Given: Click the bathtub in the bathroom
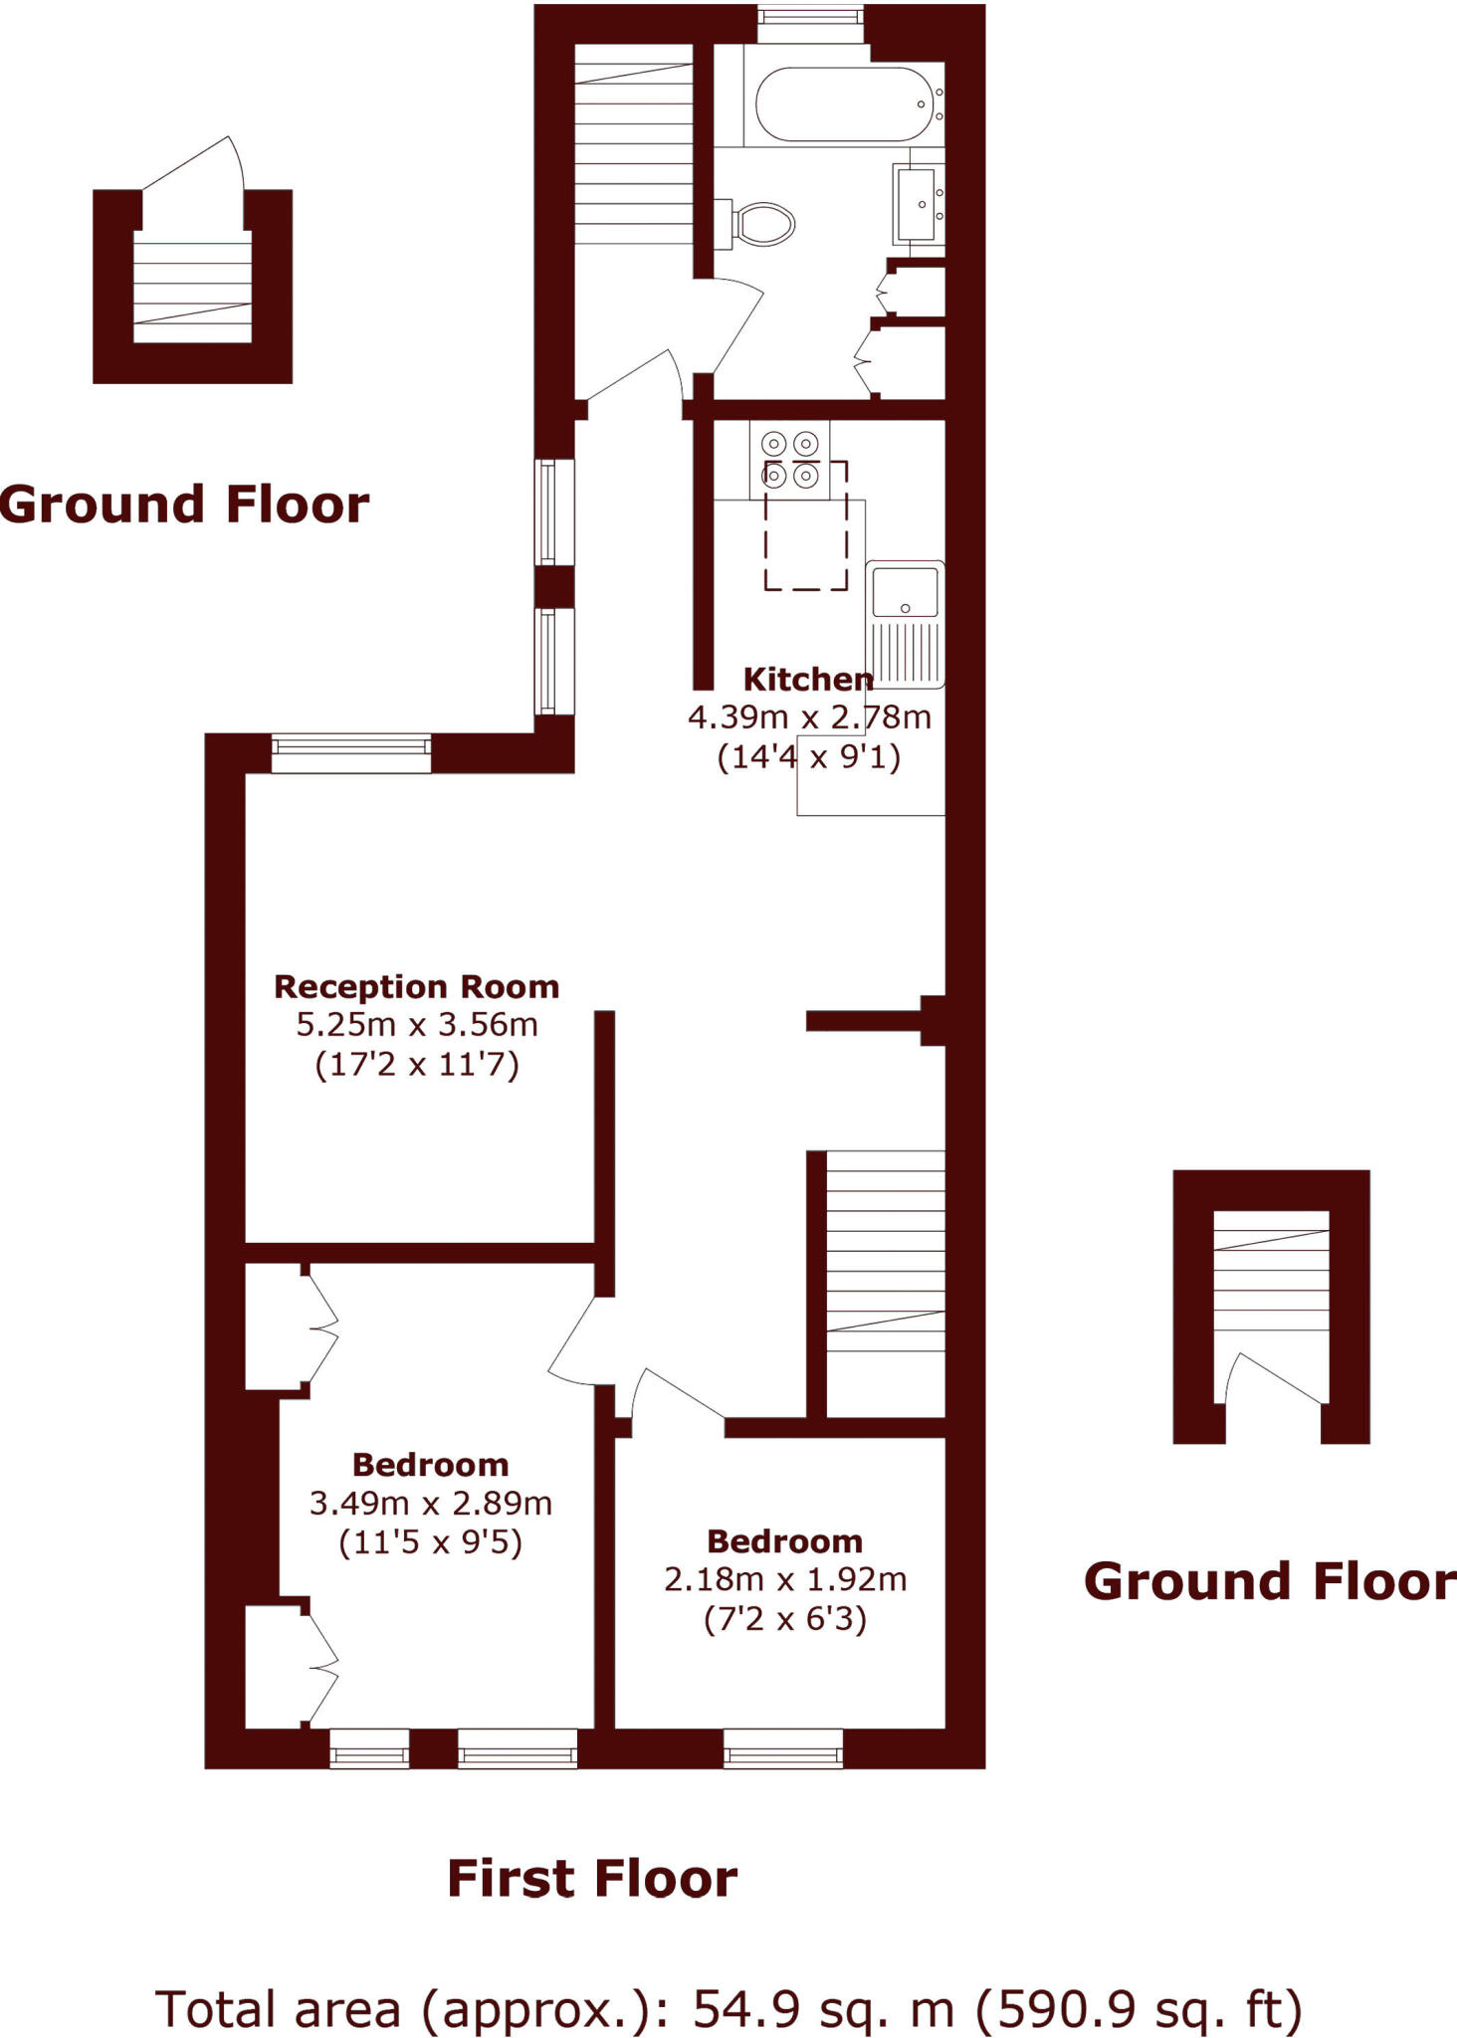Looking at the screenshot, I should [843, 104].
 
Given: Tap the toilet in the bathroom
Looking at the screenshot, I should [763, 224].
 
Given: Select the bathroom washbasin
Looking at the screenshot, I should [919, 204].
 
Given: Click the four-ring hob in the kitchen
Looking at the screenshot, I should [789, 460].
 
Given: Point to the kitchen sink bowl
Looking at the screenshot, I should [905, 593].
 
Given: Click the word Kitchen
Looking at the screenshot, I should [807, 680].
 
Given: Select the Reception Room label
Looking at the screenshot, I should [416, 987].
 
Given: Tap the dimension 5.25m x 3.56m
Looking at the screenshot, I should [416, 1024].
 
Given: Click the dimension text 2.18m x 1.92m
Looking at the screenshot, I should [784, 1579].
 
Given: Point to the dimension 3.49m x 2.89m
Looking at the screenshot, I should [430, 1503].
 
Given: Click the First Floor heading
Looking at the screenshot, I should [592, 1879].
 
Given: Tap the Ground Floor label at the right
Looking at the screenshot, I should [1269, 1581].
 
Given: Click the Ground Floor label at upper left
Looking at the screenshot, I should [184, 505].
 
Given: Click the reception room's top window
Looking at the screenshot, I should [350, 753].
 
